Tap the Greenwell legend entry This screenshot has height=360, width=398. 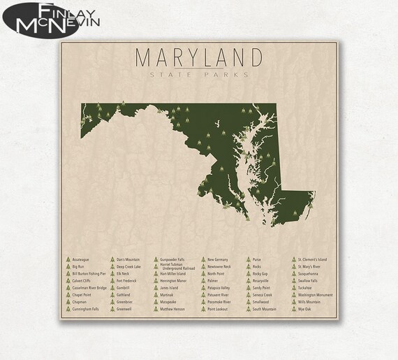(124, 308)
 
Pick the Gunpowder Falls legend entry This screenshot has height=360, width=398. (172, 259)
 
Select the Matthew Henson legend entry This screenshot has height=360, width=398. (172, 308)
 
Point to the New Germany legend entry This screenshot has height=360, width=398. (219, 259)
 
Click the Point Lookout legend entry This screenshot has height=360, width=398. (218, 308)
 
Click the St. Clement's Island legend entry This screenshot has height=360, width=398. (311, 259)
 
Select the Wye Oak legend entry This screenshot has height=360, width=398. (305, 308)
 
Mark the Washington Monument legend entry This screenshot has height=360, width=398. (315, 294)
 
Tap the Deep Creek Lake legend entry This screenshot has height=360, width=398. (128, 266)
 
